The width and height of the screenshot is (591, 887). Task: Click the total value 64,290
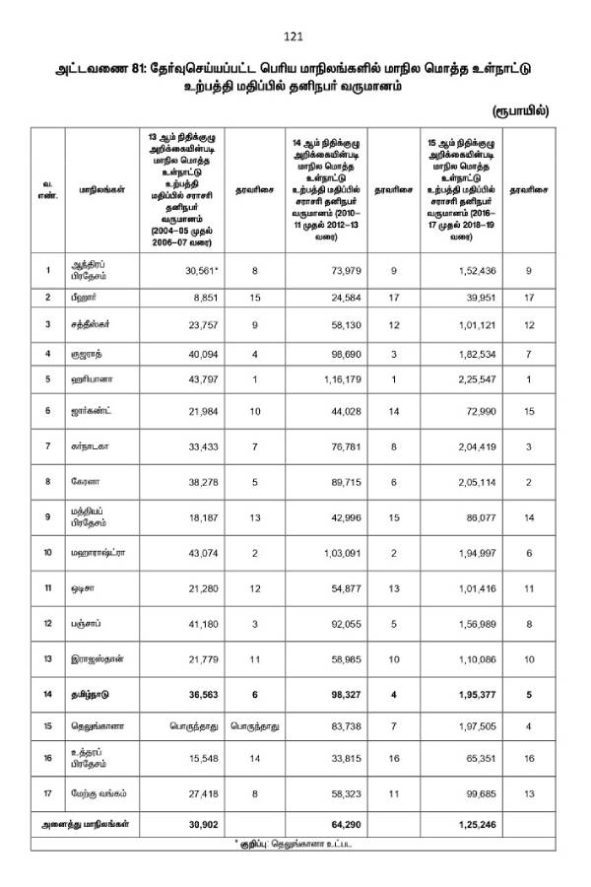click(x=335, y=823)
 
